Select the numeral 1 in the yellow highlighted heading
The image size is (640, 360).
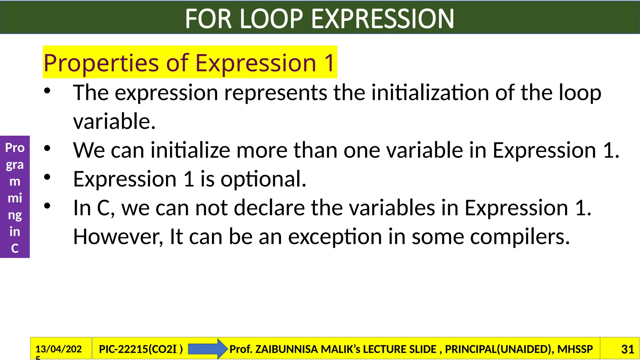click(x=329, y=63)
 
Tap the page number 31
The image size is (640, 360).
click(x=627, y=349)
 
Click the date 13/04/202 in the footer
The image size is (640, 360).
click(x=58, y=349)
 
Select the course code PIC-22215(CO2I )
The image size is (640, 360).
click(x=141, y=349)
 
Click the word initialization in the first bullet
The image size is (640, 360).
click(x=430, y=93)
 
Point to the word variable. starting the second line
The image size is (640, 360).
click(x=114, y=121)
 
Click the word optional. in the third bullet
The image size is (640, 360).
click(x=263, y=179)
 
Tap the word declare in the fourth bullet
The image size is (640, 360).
click(x=269, y=208)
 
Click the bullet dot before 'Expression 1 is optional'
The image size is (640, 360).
click(x=47, y=177)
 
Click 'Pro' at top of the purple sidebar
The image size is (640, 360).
click(x=15, y=147)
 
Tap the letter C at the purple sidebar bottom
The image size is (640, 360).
click(x=15, y=248)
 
